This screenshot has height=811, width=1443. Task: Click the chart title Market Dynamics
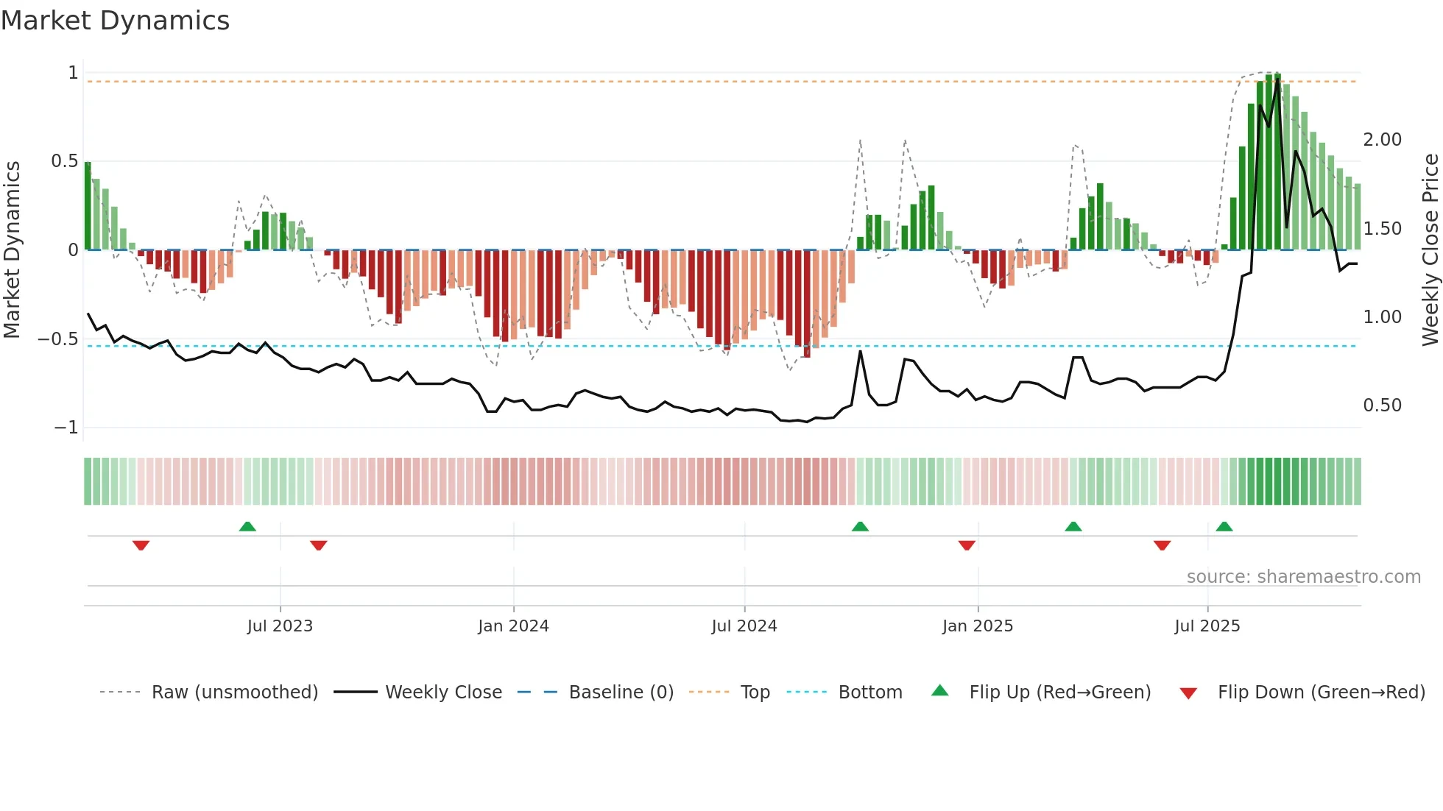116,21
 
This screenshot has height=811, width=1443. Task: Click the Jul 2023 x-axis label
280,626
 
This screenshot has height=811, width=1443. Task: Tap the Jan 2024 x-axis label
513,626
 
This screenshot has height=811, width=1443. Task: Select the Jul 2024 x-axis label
744,626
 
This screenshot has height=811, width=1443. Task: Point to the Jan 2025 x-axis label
978,626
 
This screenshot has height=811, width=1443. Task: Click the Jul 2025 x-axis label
1207,626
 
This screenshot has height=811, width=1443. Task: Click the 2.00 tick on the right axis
1382,140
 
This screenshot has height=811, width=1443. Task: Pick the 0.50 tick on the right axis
1382,405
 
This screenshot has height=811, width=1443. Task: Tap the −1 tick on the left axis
66,428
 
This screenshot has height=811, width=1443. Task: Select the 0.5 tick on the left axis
65,161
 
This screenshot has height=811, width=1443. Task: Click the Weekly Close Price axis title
1430,249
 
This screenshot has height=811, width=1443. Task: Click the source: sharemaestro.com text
1303,577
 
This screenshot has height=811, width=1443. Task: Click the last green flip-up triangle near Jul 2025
1224,527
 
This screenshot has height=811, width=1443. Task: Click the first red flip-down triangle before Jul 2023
141,545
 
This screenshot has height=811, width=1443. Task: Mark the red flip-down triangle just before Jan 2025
967,545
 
